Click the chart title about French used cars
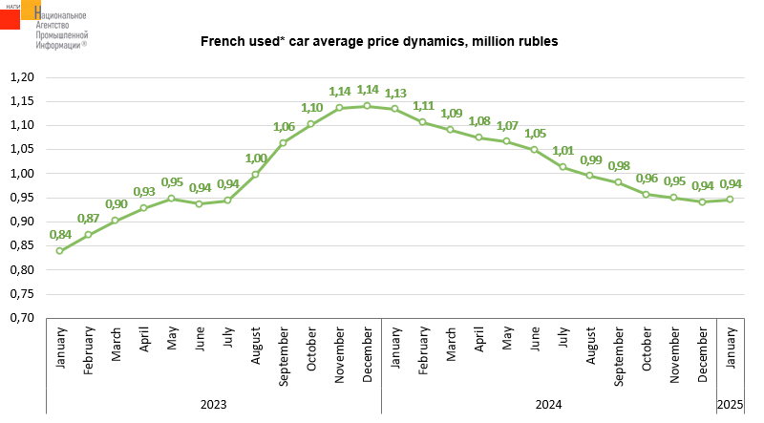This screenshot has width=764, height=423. click(x=378, y=42)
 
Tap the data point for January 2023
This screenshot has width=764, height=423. click(x=60, y=251)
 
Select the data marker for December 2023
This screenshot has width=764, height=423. click(x=367, y=106)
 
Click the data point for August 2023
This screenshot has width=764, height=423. click(x=255, y=174)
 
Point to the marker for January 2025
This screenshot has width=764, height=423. click(x=730, y=200)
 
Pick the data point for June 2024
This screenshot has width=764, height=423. click(x=534, y=149)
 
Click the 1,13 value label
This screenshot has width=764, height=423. click(x=395, y=94)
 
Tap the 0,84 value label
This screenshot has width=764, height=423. click(x=60, y=235)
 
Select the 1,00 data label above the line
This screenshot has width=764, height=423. click(x=256, y=159)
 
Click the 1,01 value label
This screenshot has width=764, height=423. click(x=563, y=151)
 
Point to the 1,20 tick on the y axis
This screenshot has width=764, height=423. click(x=21, y=77)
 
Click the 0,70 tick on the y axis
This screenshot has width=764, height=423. click(x=21, y=318)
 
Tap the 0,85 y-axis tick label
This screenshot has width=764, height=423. click(x=21, y=245)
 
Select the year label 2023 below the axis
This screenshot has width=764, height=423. click(x=213, y=405)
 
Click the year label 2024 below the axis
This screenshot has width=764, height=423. click(x=548, y=405)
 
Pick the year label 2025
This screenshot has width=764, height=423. click(x=731, y=405)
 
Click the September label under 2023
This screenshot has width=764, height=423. click(x=284, y=357)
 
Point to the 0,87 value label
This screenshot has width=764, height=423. click(x=89, y=219)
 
